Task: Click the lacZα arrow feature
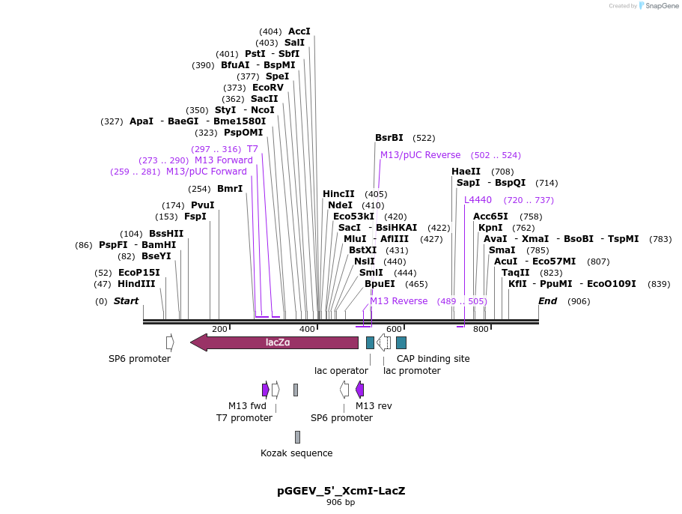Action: click(275, 342)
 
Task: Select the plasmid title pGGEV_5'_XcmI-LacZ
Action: click(341, 491)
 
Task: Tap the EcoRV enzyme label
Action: click(267, 88)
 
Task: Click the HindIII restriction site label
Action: click(136, 284)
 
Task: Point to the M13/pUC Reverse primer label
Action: click(420, 155)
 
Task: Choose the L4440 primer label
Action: click(478, 200)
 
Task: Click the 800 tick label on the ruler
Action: click(481, 329)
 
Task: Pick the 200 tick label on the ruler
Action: click(219, 329)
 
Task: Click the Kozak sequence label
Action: click(296, 453)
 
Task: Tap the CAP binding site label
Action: click(433, 359)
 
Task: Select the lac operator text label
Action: click(341, 370)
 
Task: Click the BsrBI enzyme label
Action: click(389, 138)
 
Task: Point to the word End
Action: click(547, 301)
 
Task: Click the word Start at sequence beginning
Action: click(126, 301)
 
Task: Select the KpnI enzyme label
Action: click(490, 228)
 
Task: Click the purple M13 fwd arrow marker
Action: click(265, 390)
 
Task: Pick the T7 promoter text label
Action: click(244, 417)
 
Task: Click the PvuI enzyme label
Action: click(202, 205)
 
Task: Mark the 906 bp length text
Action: click(341, 502)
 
